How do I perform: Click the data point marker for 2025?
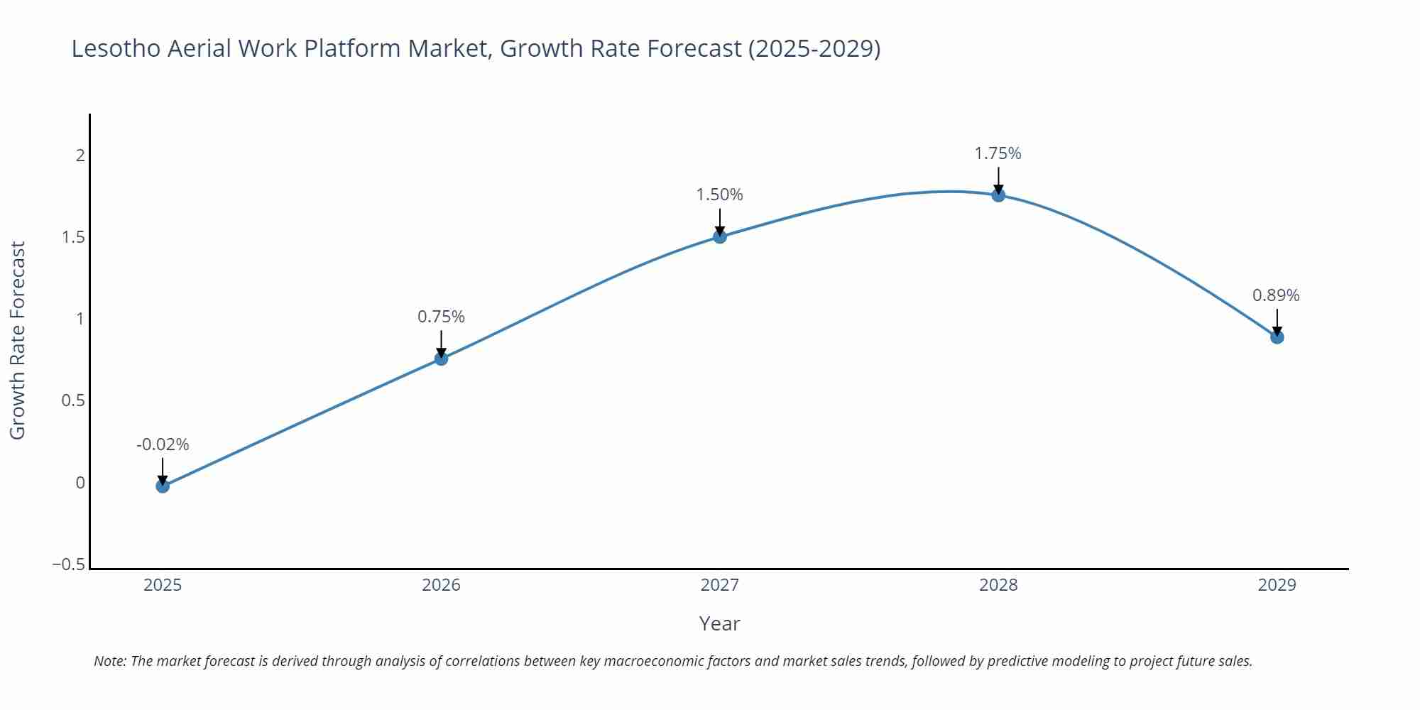(163, 486)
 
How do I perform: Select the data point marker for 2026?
(441, 359)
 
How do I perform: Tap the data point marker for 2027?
(720, 236)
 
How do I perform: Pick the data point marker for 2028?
(998, 195)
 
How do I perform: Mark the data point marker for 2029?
(1277, 337)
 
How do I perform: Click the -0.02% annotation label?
(163, 444)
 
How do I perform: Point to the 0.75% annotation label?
(441, 317)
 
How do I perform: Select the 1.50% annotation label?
(719, 195)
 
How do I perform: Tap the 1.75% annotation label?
(998, 153)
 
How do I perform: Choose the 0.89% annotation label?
(1276, 295)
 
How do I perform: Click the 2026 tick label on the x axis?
(441, 585)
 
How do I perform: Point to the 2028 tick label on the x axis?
(998, 585)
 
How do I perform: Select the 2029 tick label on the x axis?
(1277, 585)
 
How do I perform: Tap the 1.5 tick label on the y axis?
(73, 237)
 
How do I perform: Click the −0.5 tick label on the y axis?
(68, 564)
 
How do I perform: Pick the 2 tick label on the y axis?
(80, 155)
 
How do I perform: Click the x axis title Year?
(719, 623)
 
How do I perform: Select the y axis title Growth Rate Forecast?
(17, 340)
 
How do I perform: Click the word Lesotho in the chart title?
(116, 48)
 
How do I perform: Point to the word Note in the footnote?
(109, 661)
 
